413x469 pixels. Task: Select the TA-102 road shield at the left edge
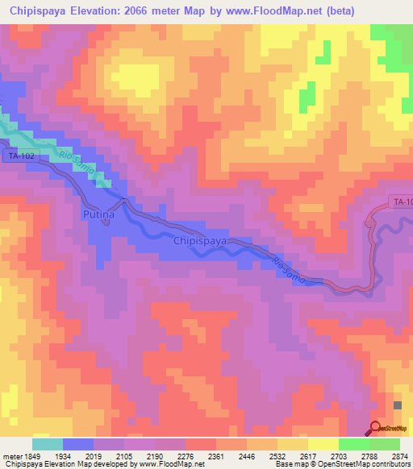point(21,156)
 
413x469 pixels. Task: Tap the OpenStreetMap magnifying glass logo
point(376,429)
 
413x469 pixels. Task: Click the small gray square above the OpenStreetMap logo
point(397,405)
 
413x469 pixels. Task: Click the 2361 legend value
point(215,456)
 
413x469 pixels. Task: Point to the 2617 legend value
point(308,456)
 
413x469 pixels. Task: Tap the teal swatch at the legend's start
point(47,444)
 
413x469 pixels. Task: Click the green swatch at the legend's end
point(384,444)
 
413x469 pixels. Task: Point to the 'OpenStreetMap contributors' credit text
point(368,465)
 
